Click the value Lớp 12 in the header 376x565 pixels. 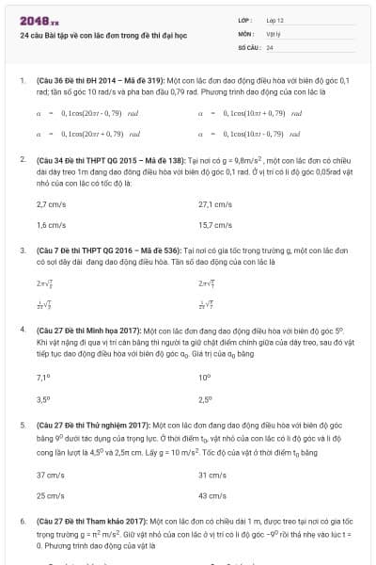tap(275, 20)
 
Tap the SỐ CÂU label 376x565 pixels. tap(248, 46)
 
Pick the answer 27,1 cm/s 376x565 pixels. tap(215, 204)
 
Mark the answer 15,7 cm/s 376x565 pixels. tap(215, 225)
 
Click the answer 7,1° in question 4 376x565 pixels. tap(42, 377)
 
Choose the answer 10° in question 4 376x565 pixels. tap(205, 377)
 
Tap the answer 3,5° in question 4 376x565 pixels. tap(42, 398)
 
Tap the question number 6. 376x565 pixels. tap(22, 520)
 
